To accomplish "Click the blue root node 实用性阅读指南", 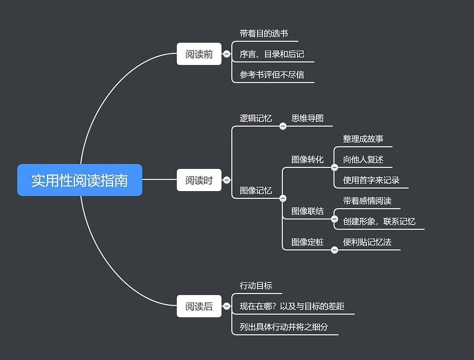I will [79, 180].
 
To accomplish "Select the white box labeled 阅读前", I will [199, 54].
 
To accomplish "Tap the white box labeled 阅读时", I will [199, 180].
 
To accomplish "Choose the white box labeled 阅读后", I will [199, 306].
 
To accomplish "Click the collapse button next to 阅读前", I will [226, 54].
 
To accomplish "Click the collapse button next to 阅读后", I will [226, 306].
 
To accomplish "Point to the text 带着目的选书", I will [263, 33].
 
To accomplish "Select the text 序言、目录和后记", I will [272, 54].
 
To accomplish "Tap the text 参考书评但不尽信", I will [272, 75].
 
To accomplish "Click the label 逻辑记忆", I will [255, 118].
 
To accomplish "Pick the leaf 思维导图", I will [307, 118].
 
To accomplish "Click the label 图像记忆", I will [255, 191].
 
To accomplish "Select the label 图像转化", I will [307, 160].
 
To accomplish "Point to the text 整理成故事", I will [363, 139].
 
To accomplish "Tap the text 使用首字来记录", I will [371, 180].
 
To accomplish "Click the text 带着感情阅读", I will [367, 201].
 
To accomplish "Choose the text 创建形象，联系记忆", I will [379, 221].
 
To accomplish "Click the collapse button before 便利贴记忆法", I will [334, 250].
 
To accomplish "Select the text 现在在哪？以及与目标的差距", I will [292, 306].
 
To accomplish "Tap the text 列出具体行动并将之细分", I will [284, 327].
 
